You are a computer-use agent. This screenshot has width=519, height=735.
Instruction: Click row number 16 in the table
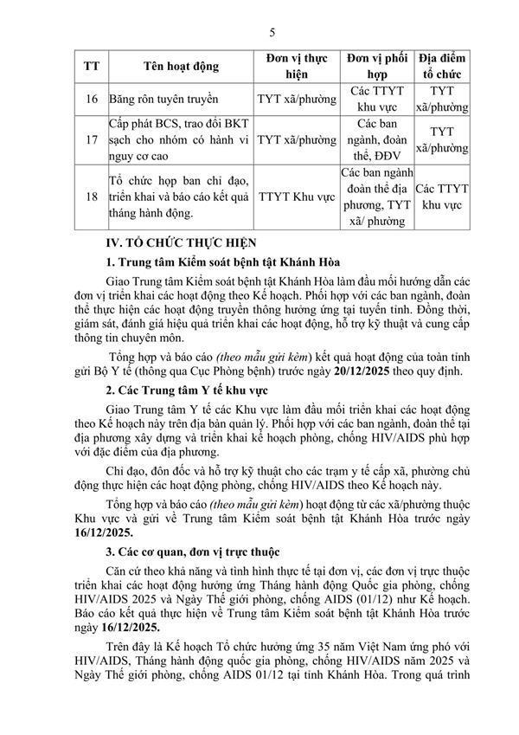pyautogui.click(x=91, y=100)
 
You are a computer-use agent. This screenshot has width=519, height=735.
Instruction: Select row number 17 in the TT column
pyautogui.click(x=91, y=139)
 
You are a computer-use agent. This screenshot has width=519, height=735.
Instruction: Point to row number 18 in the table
pyautogui.click(x=91, y=197)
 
